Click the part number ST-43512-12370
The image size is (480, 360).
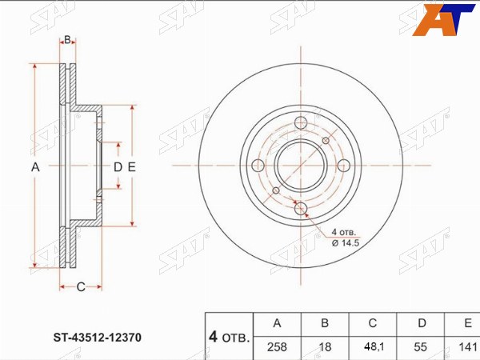98,338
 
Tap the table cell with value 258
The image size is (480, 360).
278,348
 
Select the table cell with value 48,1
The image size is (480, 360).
373,348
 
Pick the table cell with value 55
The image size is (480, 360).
420,348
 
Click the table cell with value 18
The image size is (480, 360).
325,348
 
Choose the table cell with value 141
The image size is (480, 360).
462,348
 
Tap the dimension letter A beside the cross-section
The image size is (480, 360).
35,167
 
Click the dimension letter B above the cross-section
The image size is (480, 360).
68,39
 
